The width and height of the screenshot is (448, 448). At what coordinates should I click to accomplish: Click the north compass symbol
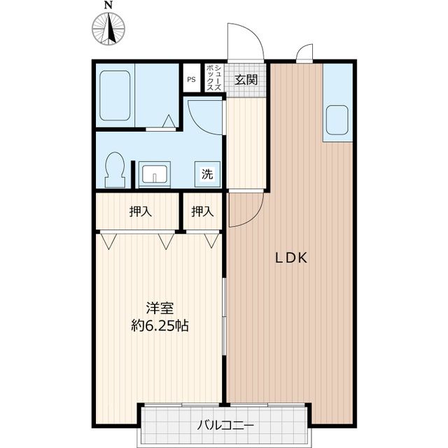coord(108,29)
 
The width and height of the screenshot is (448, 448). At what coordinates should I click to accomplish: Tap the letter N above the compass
coord(108,6)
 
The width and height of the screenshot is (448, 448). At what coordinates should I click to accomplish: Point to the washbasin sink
coord(154,172)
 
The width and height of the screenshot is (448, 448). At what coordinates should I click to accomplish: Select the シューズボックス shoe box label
coord(213,78)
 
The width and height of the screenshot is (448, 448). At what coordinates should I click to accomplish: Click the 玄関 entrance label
coord(246,78)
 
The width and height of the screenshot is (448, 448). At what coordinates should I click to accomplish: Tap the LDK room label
coord(290,258)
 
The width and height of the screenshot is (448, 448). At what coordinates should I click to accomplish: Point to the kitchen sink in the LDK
coord(337,120)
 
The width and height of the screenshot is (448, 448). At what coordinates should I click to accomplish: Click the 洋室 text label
coord(160,308)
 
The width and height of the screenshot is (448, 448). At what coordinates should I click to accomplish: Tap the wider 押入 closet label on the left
coord(141,211)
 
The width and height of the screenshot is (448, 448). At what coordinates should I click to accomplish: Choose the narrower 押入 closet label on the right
coord(202,211)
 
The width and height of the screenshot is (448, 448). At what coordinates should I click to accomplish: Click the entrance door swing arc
coord(246,42)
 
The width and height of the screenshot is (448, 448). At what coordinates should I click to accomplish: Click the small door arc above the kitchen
coord(305,53)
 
